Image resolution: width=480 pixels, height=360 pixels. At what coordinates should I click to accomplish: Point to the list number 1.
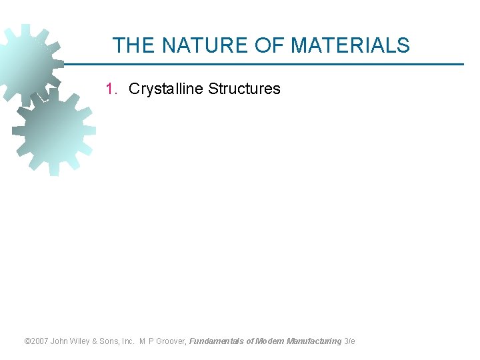[x=112, y=89]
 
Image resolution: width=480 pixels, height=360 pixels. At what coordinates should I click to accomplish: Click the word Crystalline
[x=165, y=89]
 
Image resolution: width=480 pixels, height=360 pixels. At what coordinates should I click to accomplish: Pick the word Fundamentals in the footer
[x=217, y=341]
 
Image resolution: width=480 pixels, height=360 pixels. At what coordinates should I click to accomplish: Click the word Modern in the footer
[x=269, y=341]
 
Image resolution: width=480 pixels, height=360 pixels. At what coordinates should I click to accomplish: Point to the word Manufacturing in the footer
[x=313, y=341]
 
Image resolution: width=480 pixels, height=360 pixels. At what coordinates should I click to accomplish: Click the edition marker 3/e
[x=350, y=341]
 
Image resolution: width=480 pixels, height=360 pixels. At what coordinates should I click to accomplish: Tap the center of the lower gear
[x=53, y=131]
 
